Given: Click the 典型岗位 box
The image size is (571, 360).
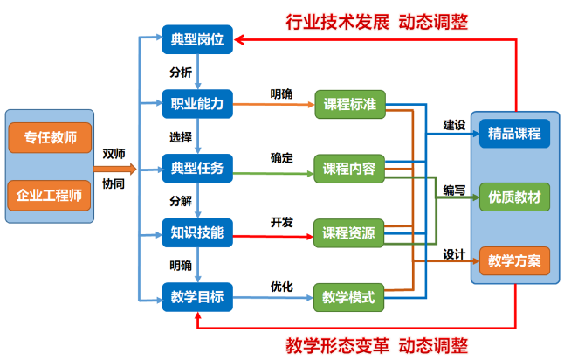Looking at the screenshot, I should coord(197,39).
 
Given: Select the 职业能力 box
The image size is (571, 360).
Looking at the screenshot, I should coord(197,104).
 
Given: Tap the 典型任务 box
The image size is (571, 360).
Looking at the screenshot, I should coord(197,167).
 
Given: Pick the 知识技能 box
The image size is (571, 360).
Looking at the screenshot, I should coord(197,232).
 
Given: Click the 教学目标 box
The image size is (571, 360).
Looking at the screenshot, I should coord(197,297).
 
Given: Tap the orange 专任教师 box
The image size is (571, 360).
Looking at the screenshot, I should coord(50,137).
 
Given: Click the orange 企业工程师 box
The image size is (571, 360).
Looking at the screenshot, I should coord(50,195).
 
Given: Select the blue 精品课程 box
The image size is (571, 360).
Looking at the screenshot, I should coord(515,134).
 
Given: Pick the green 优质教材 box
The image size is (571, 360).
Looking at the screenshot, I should coord(515,197).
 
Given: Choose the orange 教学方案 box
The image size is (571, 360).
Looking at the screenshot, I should coord(515,260).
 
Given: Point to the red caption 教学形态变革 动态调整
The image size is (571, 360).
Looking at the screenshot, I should coord(377,343).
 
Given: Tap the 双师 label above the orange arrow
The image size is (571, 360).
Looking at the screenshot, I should coord(113,154).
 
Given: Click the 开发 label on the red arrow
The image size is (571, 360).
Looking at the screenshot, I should coord(281,221).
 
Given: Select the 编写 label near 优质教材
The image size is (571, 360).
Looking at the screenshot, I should coord(453,190).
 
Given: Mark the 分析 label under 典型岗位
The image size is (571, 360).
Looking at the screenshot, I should coord(180,72).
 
